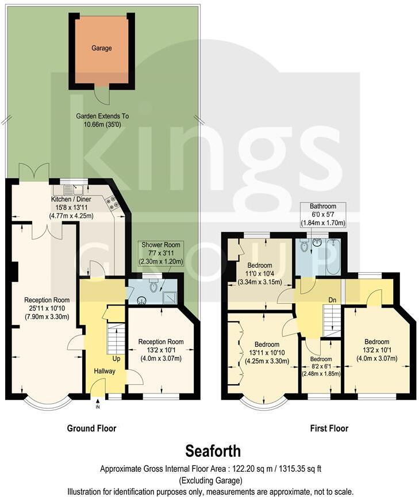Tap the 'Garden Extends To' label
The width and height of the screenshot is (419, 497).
(x=102, y=120)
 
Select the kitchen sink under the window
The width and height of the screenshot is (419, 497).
(x=70, y=188)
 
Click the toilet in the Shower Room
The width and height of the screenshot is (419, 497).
(x=153, y=285)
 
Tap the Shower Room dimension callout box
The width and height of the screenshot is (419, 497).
(x=160, y=253)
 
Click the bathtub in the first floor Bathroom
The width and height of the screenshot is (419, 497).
(x=333, y=256)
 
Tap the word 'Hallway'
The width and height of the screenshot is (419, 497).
(x=106, y=371)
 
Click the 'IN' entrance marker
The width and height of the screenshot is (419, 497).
(x=97, y=407)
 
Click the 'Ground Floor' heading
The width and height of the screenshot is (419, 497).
(x=92, y=428)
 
